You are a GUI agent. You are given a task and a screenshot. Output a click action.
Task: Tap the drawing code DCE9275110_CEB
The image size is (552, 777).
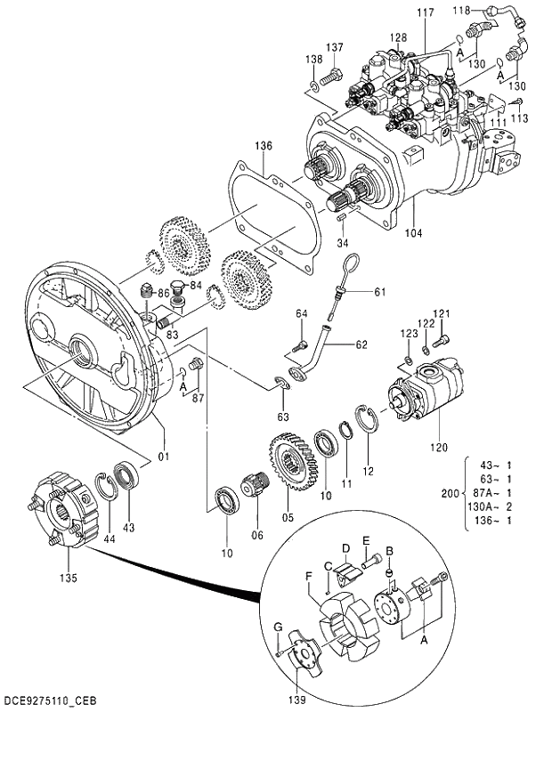50,700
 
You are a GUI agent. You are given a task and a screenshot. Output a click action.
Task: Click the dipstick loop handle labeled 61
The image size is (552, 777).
352,263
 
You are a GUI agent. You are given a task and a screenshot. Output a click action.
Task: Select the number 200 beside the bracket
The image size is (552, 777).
451,493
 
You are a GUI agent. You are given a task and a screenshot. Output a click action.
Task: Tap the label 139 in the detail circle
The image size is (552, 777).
297,700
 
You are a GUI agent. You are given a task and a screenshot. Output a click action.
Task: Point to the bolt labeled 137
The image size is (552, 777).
329,77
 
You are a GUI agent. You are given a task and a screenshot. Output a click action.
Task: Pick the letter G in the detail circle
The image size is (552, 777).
278,627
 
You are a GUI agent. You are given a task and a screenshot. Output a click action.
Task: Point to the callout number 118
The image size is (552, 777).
461,10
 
